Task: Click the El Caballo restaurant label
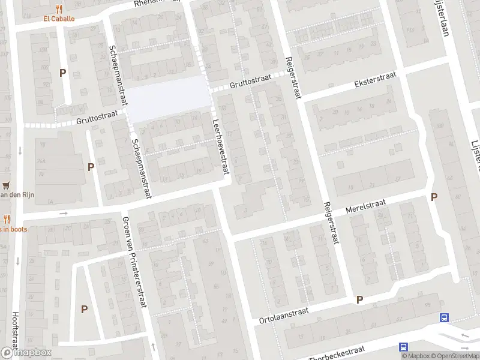tap(59, 19)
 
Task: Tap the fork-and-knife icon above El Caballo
tap(59, 9)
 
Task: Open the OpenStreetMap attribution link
tap(454, 356)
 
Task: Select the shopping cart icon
tap(7, 185)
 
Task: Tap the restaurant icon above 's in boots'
tap(7, 220)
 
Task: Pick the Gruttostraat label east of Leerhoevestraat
tap(250, 81)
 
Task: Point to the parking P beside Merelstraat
tap(434, 197)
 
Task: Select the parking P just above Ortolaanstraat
tap(360, 299)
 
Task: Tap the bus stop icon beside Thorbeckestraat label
tap(404, 347)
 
